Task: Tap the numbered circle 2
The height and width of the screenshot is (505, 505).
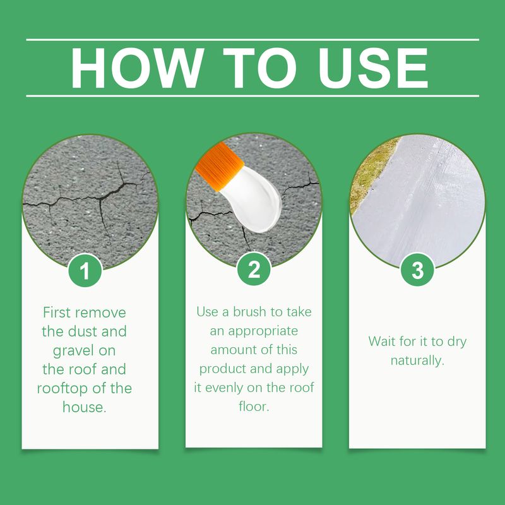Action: point(254,270)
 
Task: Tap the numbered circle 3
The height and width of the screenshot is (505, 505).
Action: point(417,270)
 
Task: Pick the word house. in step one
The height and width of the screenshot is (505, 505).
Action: point(85,407)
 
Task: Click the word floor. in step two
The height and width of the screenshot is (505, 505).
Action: point(254,407)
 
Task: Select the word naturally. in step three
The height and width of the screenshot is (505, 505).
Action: point(417,360)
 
